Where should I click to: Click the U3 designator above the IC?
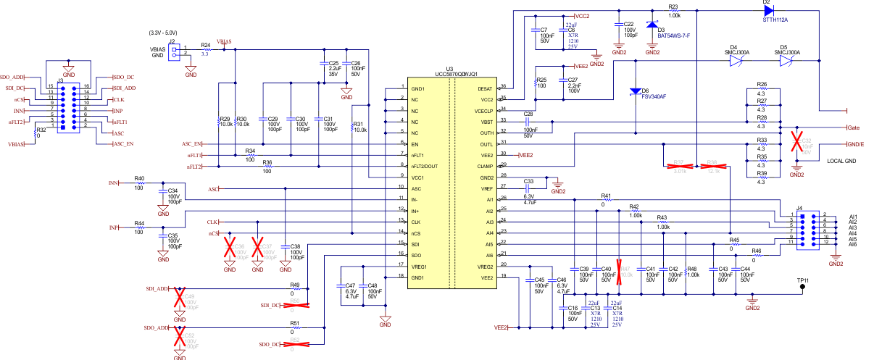pyautogui.click(x=449, y=68)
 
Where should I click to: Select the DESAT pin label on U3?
pyautogui.click(x=485, y=88)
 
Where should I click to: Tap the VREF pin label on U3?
pyautogui.click(x=486, y=188)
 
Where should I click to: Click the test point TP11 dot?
pyautogui.click(x=802, y=287)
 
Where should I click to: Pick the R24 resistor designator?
pyautogui.click(x=205, y=45)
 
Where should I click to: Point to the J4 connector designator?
pyautogui.click(x=799, y=209)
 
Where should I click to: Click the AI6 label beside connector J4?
pyautogui.click(x=853, y=245)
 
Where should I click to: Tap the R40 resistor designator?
pyautogui.click(x=139, y=177)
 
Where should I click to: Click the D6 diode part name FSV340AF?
pyautogui.click(x=654, y=96)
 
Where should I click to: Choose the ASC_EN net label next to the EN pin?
pyautogui.click(x=192, y=144)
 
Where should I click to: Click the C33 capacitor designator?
pyautogui.click(x=528, y=181)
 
